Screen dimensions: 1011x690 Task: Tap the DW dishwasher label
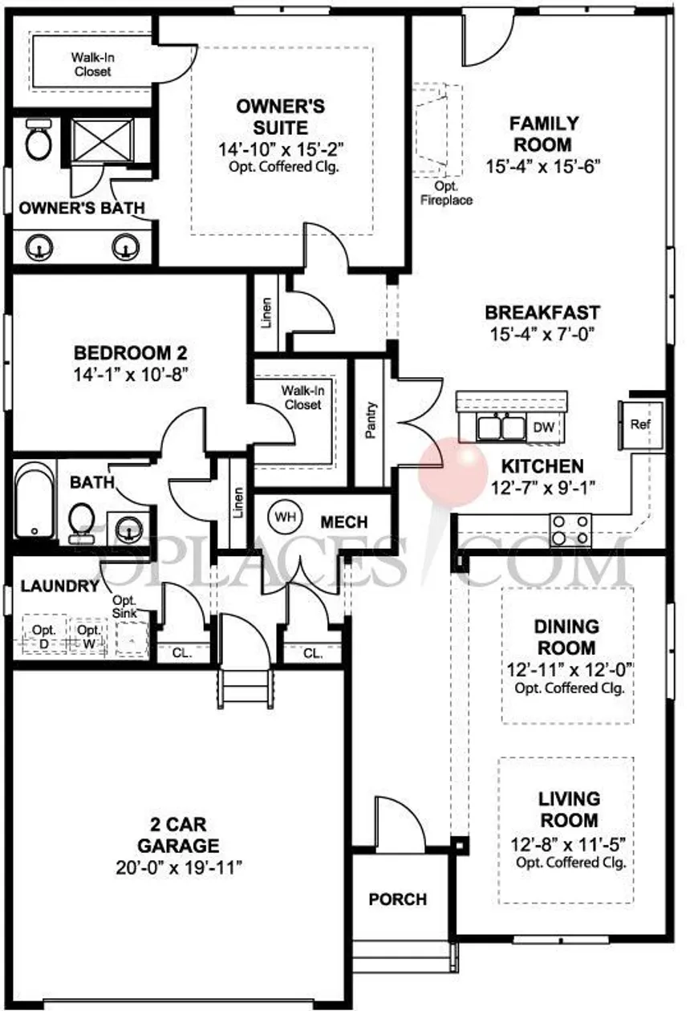click(x=543, y=427)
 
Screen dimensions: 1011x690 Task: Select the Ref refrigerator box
click(x=639, y=424)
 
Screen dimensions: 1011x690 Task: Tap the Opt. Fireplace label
click(x=447, y=193)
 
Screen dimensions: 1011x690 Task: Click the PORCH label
click(x=397, y=899)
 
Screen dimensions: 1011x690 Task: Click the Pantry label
click(x=370, y=419)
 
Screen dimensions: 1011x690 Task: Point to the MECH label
click(x=343, y=522)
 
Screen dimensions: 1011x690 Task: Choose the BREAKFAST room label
click(x=542, y=312)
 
